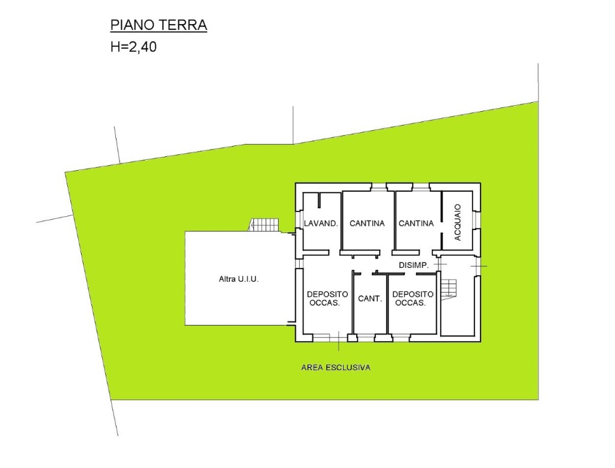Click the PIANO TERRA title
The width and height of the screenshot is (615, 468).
tap(159, 25)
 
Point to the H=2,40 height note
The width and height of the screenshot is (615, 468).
tap(133, 47)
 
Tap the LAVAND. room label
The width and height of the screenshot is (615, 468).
tap(321, 223)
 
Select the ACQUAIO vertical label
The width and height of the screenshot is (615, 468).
tap(457, 222)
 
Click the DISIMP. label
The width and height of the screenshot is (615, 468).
tap(413, 265)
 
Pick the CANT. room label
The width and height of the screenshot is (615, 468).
tap(370, 299)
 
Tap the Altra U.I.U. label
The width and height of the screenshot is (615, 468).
tap(239, 279)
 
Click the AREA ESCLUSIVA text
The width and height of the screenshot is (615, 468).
tap(336, 368)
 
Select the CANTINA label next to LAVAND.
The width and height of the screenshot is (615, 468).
tap(367, 223)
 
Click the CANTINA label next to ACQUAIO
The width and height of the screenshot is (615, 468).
tap(416, 223)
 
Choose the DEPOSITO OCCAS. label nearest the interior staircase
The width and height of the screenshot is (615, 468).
tap(413, 299)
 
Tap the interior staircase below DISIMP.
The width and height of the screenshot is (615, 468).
tap(448, 290)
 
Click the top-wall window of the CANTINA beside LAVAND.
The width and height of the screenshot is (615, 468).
tap(378, 187)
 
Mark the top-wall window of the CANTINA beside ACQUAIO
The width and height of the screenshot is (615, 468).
tap(421, 187)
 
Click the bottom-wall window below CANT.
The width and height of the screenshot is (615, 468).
tap(366, 338)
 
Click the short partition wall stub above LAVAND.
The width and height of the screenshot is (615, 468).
tap(320, 199)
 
